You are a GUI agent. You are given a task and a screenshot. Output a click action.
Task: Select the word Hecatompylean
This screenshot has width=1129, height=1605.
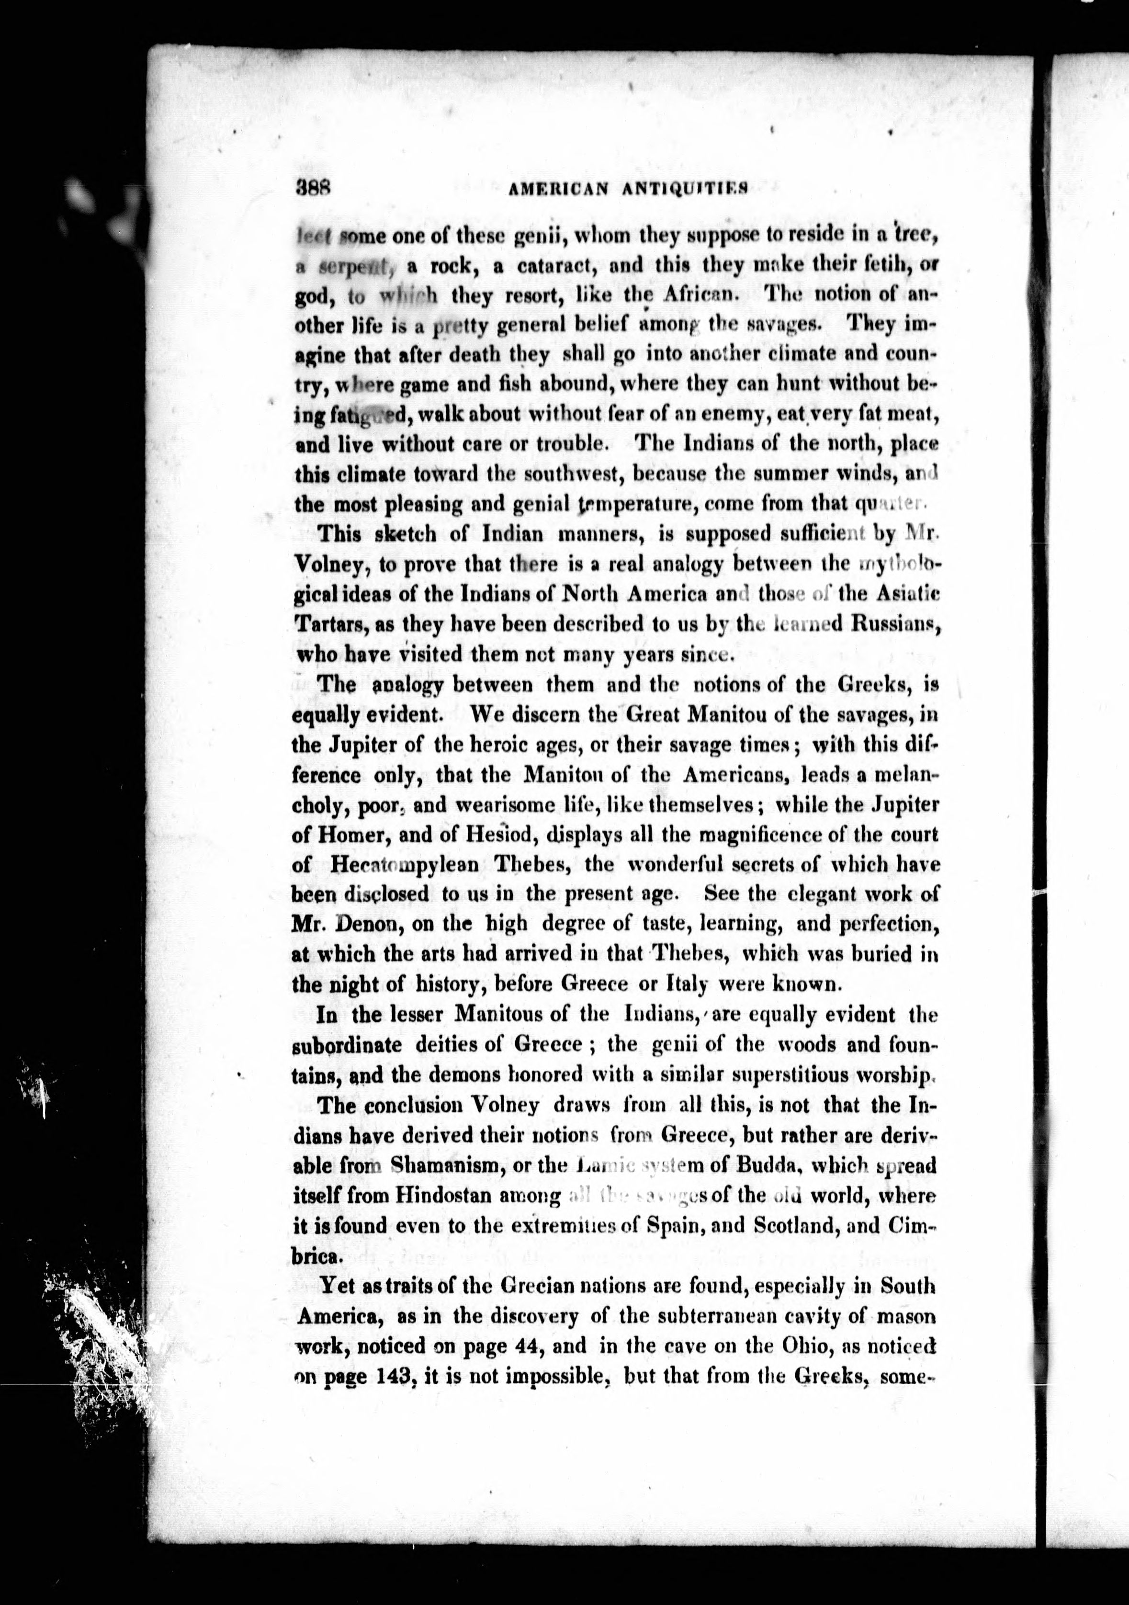(x=404, y=865)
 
